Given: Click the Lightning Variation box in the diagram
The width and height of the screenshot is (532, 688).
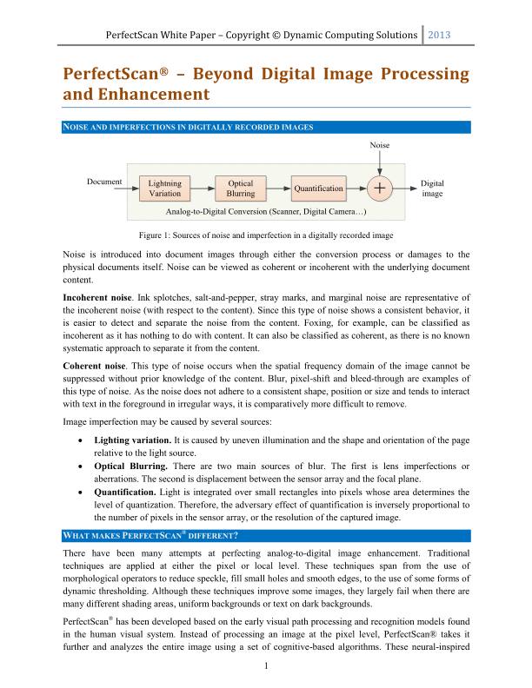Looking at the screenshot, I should coord(165,188).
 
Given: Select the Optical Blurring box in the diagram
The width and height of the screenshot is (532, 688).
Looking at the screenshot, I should coord(241,188).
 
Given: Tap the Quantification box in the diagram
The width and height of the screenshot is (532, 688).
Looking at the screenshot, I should coord(318,188).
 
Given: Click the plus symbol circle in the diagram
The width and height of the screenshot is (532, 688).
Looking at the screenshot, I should coord(380,188).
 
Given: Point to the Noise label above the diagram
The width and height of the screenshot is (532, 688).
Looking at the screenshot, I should coord(380,144).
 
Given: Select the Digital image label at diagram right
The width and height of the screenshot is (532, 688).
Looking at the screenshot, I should coord(432,189).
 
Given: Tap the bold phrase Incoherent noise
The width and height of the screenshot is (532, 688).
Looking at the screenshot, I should coord(96,297).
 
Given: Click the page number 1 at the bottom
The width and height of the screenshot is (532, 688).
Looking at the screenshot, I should coord(266,665).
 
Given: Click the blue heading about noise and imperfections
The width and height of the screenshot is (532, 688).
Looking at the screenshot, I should coord(189,127).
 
